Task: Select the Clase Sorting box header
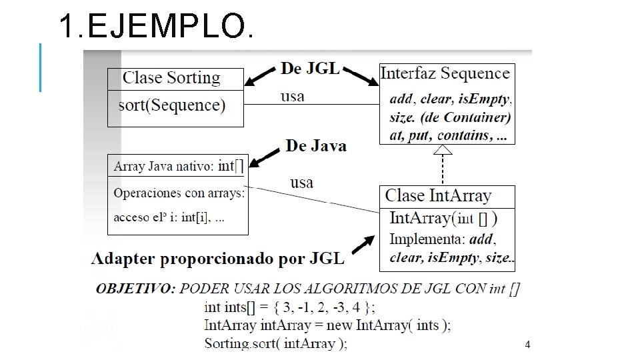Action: click(x=171, y=78)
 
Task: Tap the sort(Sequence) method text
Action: click(x=171, y=105)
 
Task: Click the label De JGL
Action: click(x=310, y=68)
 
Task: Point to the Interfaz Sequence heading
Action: click(x=445, y=73)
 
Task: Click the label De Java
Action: click(x=316, y=145)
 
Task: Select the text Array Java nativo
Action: click(x=163, y=166)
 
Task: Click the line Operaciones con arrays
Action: click(x=179, y=193)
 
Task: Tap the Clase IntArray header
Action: click(x=438, y=196)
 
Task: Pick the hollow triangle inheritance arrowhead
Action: click(x=443, y=150)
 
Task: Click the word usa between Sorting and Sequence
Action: click(x=292, y=96)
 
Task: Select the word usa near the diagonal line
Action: click(x=301, y=182)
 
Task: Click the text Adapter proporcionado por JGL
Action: click(x=218, y=259)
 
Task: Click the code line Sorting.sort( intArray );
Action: click(x=275, y=344)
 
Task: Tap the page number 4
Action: click(x=527, y=345)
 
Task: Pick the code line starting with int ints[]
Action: click(x=290, y=307)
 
